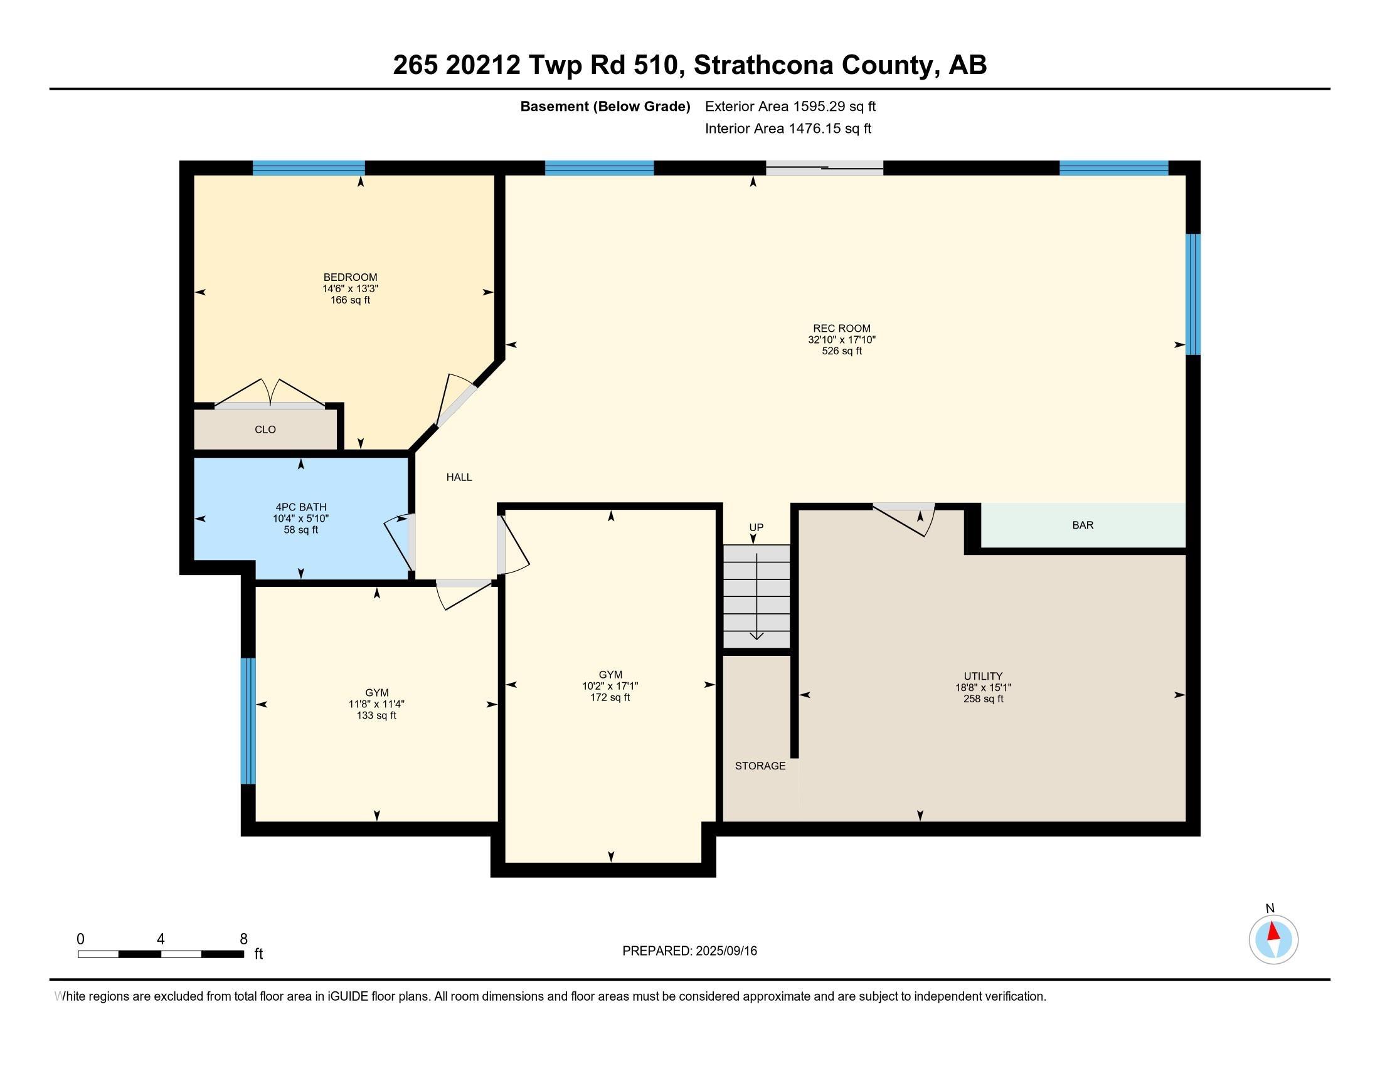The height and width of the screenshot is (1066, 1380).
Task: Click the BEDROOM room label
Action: pos(350,277)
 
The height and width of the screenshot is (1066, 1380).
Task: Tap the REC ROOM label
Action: pos(841,329)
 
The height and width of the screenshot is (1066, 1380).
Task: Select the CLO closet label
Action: pos(265,430)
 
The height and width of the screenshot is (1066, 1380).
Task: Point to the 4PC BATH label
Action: pos(300,507)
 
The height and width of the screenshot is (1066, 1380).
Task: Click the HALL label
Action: pos(459,477)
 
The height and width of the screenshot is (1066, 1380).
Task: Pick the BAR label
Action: pos(1083,525)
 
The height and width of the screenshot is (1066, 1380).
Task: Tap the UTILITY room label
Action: pos(982,676)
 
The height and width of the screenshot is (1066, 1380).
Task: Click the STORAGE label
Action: pos(760,766)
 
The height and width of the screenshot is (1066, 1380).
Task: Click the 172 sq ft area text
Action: pos(610,697)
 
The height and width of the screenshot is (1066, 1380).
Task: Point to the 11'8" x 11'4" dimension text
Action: pos(376,704)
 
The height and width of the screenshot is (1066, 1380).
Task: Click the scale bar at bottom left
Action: pos(161,954)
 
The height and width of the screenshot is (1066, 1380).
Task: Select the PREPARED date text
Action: pos(689,951)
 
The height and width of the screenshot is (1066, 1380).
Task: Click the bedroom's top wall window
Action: pos(309,168)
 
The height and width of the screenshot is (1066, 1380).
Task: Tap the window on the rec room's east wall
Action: pos(1192,294)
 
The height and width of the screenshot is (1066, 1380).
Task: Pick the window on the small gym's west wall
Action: pos(248,720)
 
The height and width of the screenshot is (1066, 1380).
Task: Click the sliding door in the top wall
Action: pos(824,167)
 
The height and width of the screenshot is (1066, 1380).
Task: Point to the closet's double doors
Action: pos(270,398)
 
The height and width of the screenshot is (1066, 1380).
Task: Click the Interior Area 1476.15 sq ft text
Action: pos(788,129)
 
